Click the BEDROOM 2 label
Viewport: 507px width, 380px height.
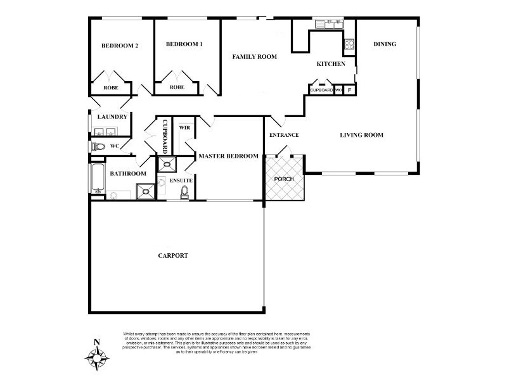click(x=120, y=46)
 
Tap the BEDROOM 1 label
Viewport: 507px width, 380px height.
click(x=184, y=44)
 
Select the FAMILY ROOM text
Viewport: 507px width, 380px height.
click(x=255, y=57)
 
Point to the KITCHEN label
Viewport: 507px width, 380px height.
click(x=331, y=64)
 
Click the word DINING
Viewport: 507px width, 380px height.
click(x=385, y=44)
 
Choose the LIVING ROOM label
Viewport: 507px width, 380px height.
click(x=361, y=135)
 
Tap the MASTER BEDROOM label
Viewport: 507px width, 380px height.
click(x=228, y=156)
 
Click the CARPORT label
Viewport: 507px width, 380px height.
click(x=173, y=256)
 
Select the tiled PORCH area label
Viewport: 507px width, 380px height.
click(x=285, y=179)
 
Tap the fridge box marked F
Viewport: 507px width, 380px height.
click(x=349, y=90)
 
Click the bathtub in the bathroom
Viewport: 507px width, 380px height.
click(x=96, y=179)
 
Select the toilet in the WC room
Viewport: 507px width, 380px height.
click(x=98, y=146)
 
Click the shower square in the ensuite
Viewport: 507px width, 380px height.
click(x=168, y=165)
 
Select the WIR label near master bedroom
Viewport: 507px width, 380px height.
click(x=184, y=127)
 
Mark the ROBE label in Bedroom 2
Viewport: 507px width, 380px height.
click(x=111, y=87)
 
